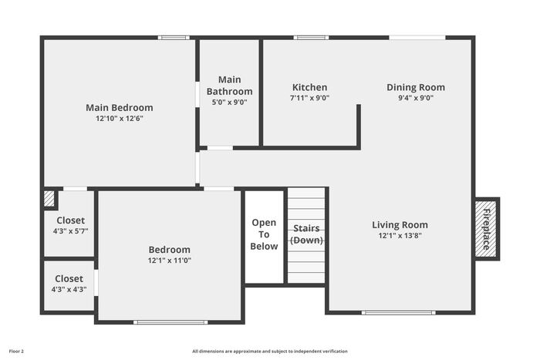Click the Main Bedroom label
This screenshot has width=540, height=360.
tap(120, 108)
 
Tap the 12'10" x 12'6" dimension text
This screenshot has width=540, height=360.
tap(120, 119)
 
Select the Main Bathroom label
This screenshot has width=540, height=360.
tap(229, 86)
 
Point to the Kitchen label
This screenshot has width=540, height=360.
tap(309, 87)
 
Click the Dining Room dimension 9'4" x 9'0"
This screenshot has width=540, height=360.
tap(416, 98)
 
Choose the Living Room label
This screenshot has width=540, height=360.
tap(400, 225)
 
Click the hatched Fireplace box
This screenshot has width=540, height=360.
tap(486, 229)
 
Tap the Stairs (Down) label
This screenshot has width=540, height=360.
tap(306, 234)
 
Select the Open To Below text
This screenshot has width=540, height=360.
tap(264, 234)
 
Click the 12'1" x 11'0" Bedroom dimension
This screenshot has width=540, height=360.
tap(170, 261)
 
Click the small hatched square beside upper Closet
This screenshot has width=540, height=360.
tap(49, 199)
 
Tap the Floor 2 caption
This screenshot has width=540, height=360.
tap(16, 352)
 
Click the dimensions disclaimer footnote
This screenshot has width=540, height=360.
tap(270, 352)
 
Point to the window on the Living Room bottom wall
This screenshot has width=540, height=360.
tap(399, 312)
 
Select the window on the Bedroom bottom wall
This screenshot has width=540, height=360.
tap(170, 322)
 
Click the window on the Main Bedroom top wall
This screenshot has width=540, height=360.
tap(174, 38)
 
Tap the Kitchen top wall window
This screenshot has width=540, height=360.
tap(311, 38)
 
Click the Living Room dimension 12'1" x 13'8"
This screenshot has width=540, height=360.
tap(400, 236)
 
